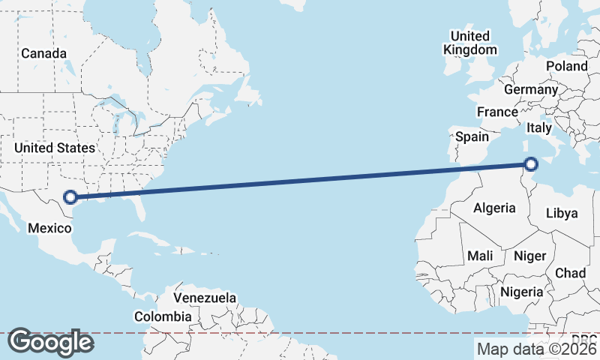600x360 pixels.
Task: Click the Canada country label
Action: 43,53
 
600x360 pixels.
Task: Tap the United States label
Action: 55,148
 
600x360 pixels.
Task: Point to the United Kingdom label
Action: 470,43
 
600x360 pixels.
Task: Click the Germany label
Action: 531,89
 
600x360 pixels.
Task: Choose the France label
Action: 497,112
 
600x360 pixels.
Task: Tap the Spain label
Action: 472,136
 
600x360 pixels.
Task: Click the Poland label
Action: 567,66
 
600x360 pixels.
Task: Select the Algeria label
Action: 494,208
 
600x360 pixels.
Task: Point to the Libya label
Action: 562,213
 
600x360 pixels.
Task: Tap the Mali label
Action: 480,256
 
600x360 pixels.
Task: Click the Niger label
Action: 529,256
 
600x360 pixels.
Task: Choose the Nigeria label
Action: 521,291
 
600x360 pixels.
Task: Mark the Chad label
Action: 570,273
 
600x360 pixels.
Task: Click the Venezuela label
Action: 205,298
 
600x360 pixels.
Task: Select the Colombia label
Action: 163,316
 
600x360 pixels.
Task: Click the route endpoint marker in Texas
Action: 70,197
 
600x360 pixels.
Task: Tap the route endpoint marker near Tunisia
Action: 531,164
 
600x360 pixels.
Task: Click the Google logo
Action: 50,342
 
